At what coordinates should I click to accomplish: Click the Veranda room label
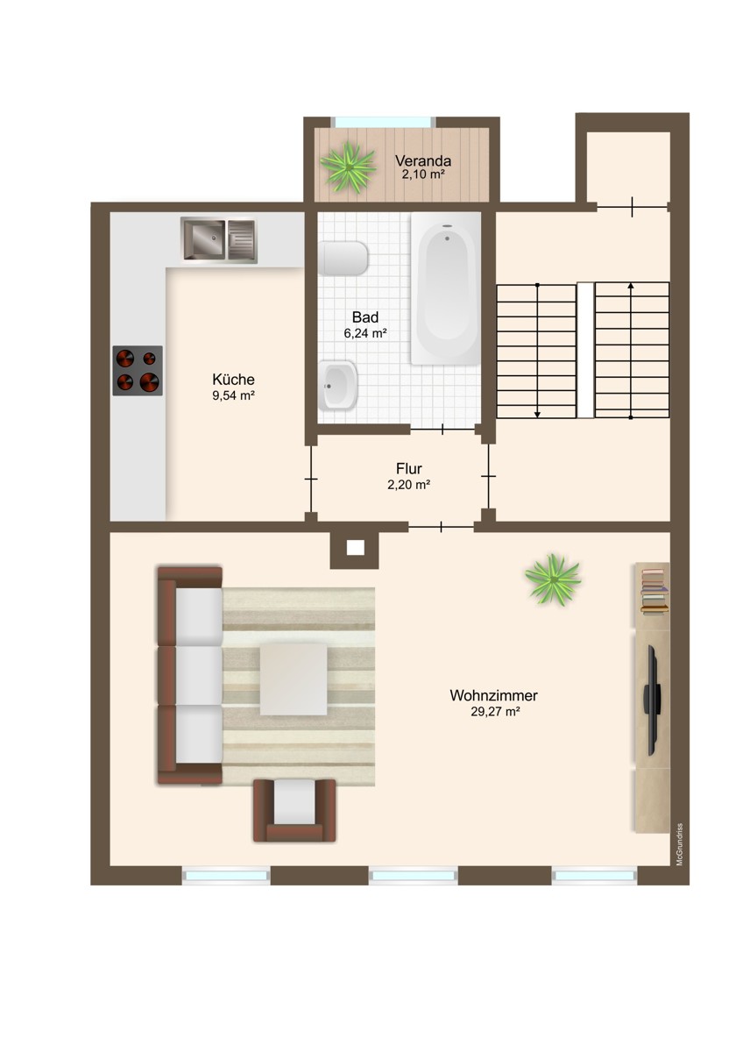[x=422, y=161]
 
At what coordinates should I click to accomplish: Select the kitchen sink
[x=219, y=238]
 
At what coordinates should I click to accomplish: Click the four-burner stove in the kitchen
[x=138, y=370]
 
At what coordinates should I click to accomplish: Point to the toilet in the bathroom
[x=343, y=259]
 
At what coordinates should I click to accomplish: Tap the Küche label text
[x=233, y=380]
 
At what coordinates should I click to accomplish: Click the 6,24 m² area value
[x=365, y=333]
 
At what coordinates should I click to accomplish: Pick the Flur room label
[x=408, y=470]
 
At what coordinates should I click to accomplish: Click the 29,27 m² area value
[x=495, y=712]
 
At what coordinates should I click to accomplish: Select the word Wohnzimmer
[x=493, y=695]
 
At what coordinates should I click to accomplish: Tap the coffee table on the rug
[x=294, y=679]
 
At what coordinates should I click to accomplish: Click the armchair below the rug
[x=294, y=810]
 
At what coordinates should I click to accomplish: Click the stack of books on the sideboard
[x=653, y=589]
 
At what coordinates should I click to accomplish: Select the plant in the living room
[x=553, y=579]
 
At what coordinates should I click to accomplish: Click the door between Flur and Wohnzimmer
[x=441, y=526]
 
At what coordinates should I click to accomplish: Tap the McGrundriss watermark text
[x=679, y=843]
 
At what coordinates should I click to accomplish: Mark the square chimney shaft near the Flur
[x=355, y=548]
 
